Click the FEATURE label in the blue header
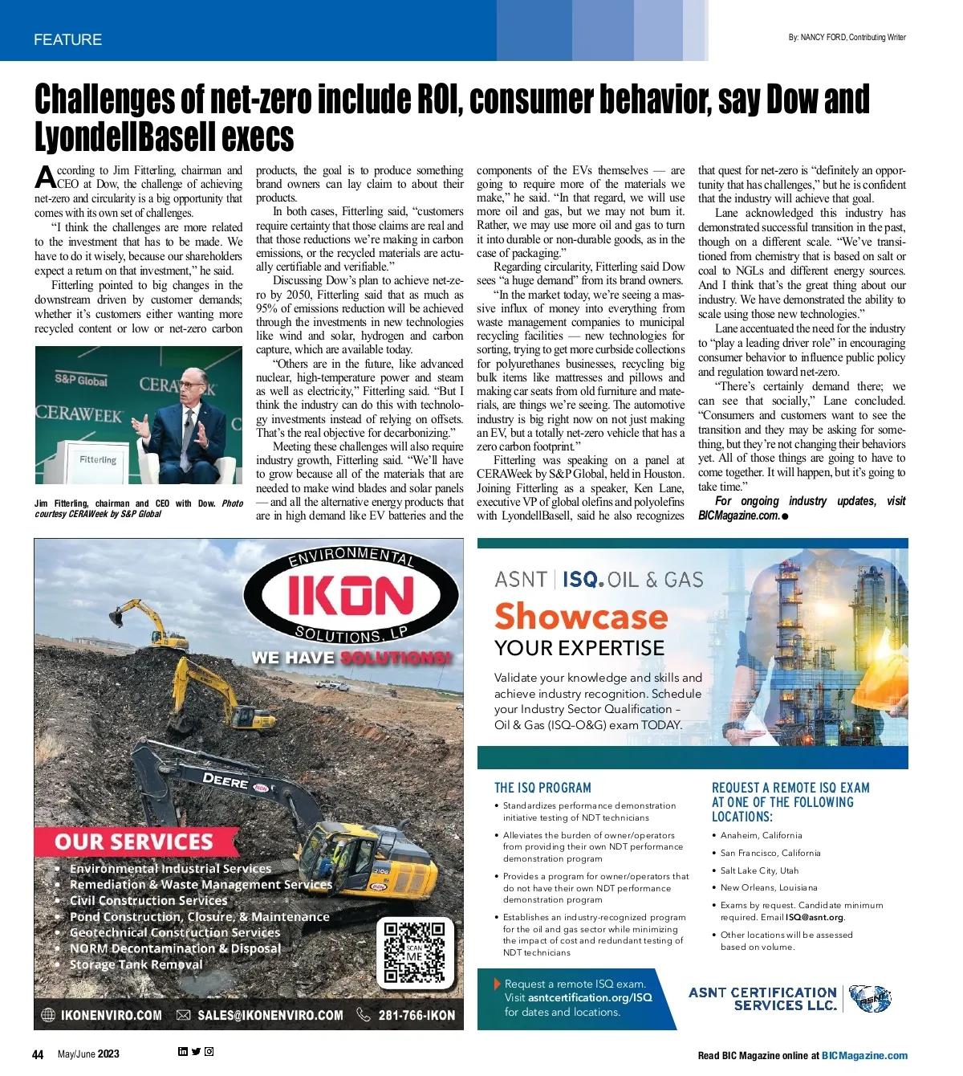click(67, 39)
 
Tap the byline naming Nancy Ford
click(847, 37)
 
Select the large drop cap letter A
click(44, 177)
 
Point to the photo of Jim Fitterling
click(139, 414)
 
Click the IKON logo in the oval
click(351, 596)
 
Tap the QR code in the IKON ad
click(413, 952)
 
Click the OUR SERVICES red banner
click(134, 842)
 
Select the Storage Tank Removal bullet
click(136, 964)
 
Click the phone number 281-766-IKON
click(416, 1015)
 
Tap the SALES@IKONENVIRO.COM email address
click(270, 1015)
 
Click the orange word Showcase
click(581, 616)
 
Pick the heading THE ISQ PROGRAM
click(542, 788)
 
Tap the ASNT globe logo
click(870, 998)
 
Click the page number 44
click(38, 1054)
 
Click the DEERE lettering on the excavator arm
click(225, 781)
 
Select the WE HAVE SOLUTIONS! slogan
click(351, 658)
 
